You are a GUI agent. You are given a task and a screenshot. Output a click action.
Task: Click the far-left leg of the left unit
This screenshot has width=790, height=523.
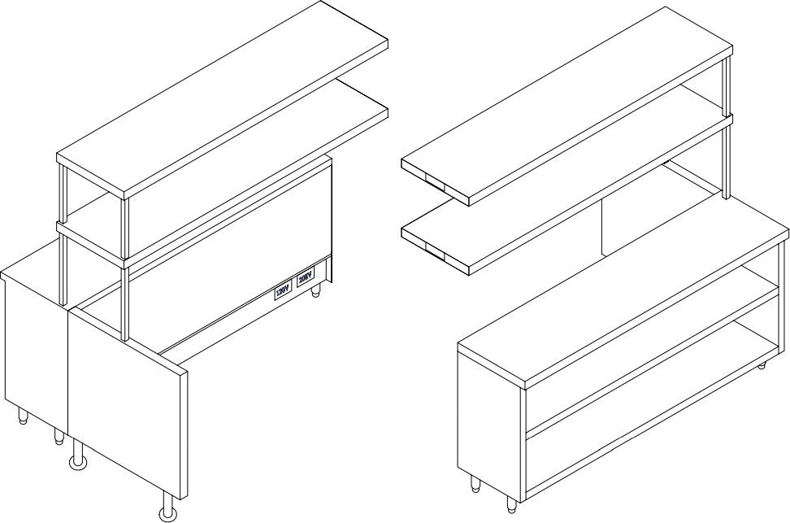[x=23, y=416]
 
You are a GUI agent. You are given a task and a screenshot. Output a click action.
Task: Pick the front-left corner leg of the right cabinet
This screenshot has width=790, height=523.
[x=475, y=486]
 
